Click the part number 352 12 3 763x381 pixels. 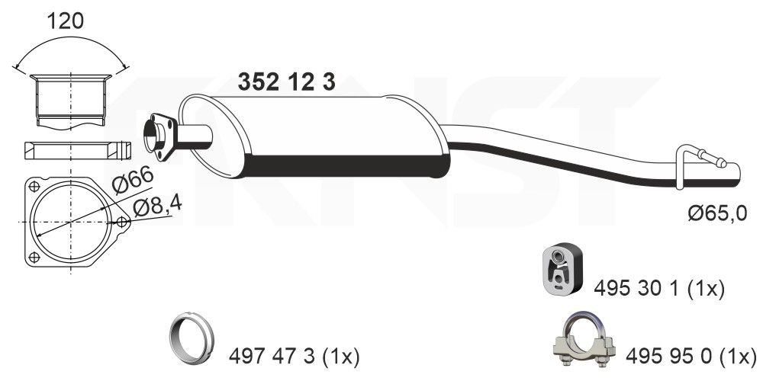pos(287,82)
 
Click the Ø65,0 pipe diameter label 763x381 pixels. pos(716,215)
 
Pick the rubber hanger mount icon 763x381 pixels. pos(560,268)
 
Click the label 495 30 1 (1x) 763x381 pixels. pos(658,288)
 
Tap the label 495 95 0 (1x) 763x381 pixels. pos(691,354)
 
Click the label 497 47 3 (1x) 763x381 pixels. pos(294,355)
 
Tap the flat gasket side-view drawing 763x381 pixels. pos(70,149)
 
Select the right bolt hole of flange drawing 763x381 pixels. pos(122,222)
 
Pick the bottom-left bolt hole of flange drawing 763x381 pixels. pos(34,256)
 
